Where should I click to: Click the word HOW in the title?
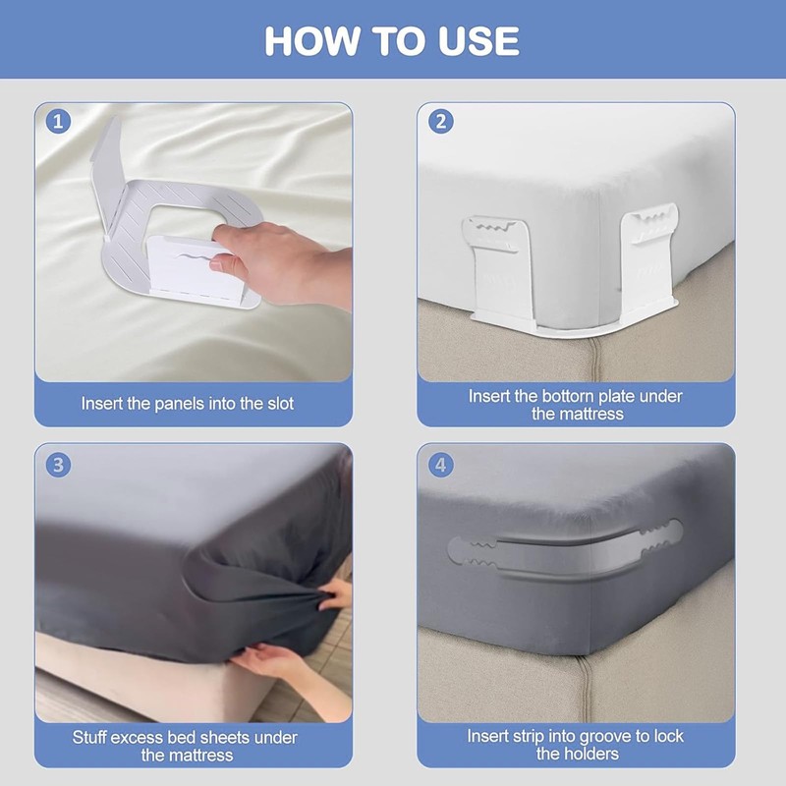pyautogui.click(x=312, y=40)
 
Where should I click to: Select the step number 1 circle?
pyautogui.click(x=58, y=122)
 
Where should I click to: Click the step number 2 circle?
pyautogui.click(x=441, y=122)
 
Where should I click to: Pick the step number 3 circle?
pyautogui.click(x=58, y=465)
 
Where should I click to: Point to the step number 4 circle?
pyautogui.click(x=441, y=465)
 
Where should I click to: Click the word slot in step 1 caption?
pyautogui.click(x=280, y=404)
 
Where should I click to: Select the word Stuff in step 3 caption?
pyautogui.click(x=88, y=738)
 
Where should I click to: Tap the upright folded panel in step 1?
pyautogui.click(x=108, y=176)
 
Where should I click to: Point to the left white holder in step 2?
pyautogui.click(x=497, y=269)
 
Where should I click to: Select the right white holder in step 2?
pyautogui.click(x=649, y=259)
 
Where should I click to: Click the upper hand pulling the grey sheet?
pyautogui.click(x=336, y=594)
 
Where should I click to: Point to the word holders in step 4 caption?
pyautogui.click(x=593, y=754)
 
